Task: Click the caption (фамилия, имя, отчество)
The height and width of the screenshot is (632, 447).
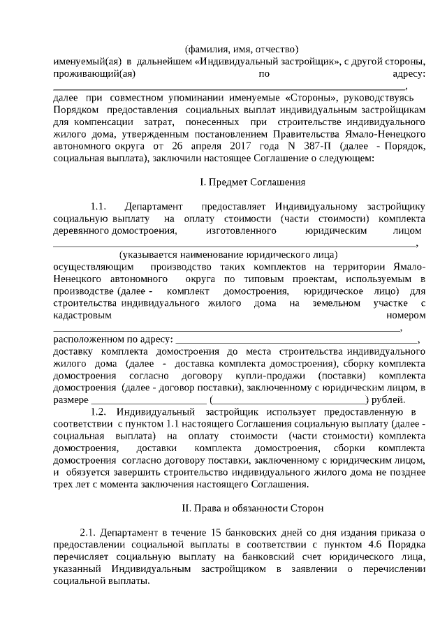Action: (241, 50)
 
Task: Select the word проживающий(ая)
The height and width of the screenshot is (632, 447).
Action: (94, 73)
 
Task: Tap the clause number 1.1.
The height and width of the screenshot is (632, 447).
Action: (98, 207)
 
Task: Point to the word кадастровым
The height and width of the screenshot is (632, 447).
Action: (82, 316)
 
